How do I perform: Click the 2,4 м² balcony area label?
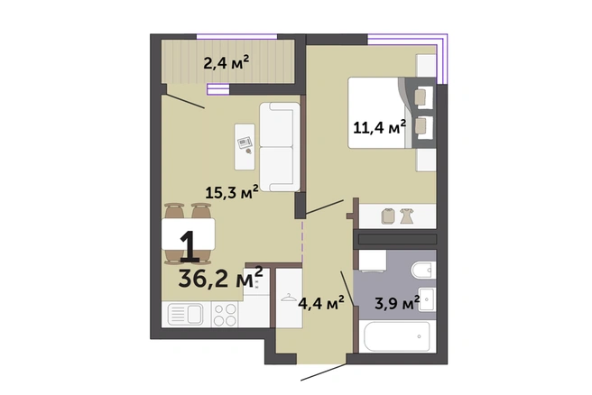(227, 62)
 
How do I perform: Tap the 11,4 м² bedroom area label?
(379, 127)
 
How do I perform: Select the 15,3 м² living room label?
(232, 192)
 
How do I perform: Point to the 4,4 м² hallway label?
(321, 303)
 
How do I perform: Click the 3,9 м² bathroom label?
(397, 303)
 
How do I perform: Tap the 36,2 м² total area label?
(220, 278)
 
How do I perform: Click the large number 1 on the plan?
(190, 246)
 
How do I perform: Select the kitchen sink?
(185, 314)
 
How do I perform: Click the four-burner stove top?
(225, 315)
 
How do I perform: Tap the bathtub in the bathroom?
(397, 336)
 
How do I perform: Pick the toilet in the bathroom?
(423, 271)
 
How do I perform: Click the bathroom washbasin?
(428, 299)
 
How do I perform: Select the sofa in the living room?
(280, 147)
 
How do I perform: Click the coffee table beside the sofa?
(245, 147)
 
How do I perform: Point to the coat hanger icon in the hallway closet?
(288, 298)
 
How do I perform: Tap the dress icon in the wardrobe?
(407, 216)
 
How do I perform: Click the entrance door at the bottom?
(323, 372)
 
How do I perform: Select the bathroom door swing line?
(347, 289)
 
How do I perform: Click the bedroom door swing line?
(324, 207)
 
